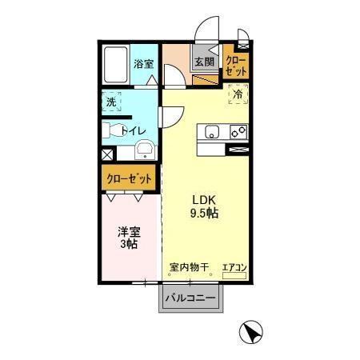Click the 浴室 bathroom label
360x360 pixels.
point(144,63)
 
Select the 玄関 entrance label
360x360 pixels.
point(204,62)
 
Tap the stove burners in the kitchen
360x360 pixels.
point(238,131)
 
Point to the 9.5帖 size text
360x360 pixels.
point(205,214)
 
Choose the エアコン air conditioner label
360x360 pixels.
point(234,268)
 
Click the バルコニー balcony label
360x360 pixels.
point(190,299)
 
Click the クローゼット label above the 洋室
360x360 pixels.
point(128,179)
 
